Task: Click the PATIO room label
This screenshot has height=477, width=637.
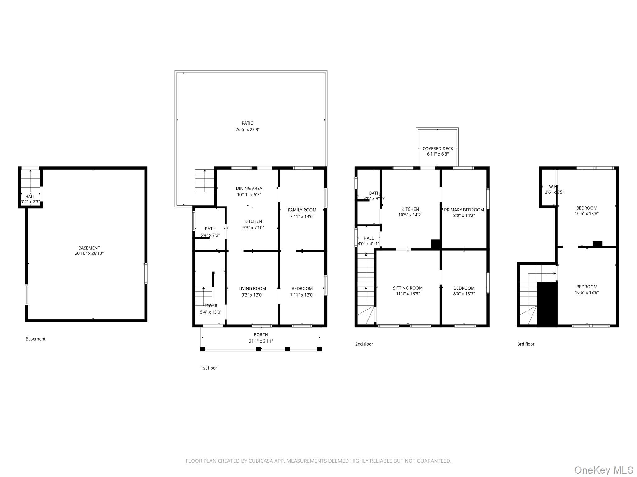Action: click(248, 123)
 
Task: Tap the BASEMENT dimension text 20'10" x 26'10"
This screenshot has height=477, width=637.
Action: click(89, 253)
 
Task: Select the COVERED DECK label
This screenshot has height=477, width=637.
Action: click(438, 149)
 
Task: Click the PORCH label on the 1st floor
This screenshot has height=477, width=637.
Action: click(261, 335)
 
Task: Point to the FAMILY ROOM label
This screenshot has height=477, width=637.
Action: click(302, 210)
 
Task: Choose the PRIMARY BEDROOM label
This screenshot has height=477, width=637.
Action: click(464, 210)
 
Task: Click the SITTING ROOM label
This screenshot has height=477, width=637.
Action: click(407, 288)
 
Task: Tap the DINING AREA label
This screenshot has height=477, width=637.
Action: click(249, 189)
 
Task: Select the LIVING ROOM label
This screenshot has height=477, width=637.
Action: click(252, 288)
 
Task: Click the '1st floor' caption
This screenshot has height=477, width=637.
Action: click(209, 368)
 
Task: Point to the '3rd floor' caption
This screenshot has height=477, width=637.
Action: click(526, 344)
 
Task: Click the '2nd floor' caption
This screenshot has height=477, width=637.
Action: click(364, 344)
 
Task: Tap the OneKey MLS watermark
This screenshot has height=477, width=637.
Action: click(603, 470)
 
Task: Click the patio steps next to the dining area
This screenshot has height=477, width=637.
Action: click(204, 181)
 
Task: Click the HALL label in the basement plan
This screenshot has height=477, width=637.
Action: click(30, 196)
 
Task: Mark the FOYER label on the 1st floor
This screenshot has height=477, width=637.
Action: click(211, 306)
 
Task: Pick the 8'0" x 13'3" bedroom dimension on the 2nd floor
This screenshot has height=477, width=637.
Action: click(464, 294)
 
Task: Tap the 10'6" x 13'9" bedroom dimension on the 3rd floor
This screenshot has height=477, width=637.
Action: click(587, 293)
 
